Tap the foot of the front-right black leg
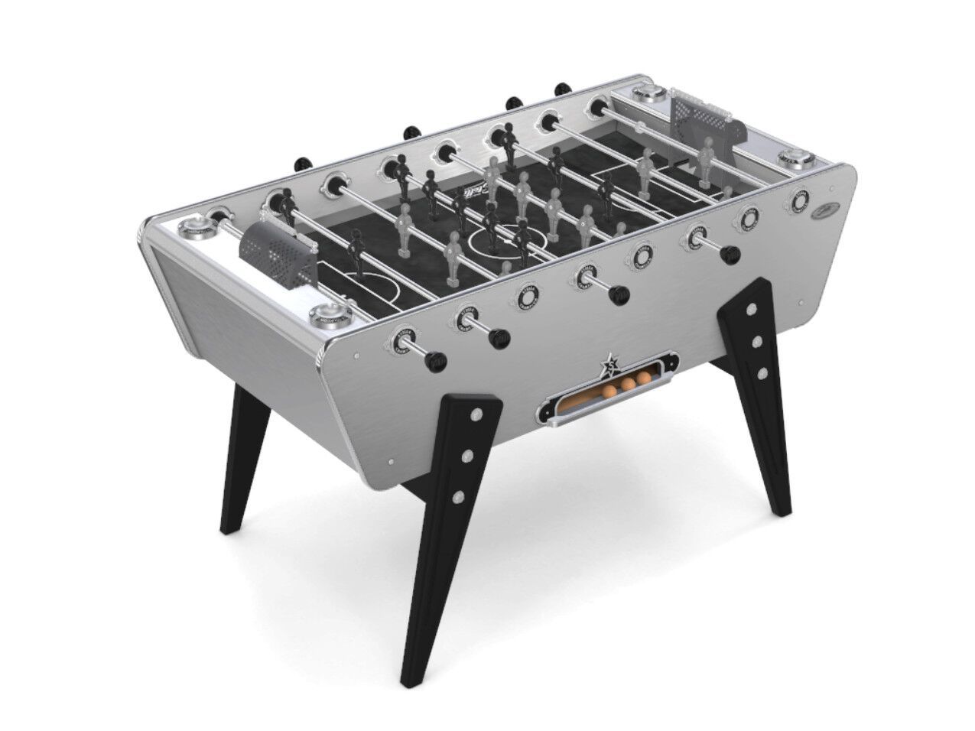(x=781, y=509)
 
